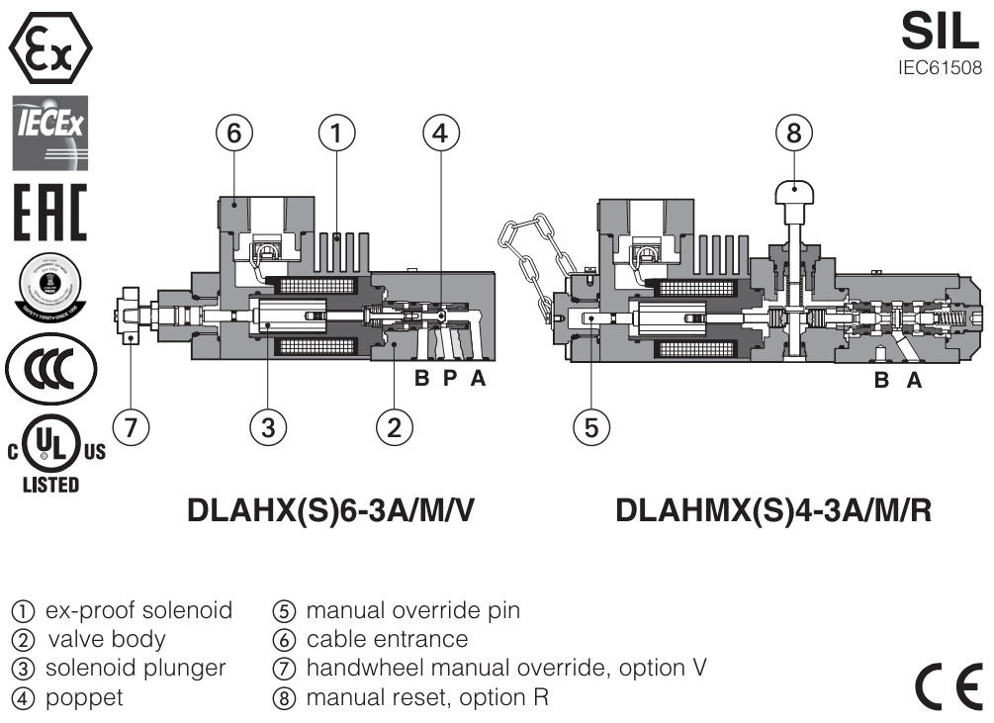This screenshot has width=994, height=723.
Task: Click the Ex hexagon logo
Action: pyautogui.click(x=49, y=45)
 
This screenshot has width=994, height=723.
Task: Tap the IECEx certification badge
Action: pyautogui.click(x=49, y=133)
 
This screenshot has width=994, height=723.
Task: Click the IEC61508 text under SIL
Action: pyautogui.click(x=940, y=69)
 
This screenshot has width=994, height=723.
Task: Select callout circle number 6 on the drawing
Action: pyautogui.click(x=234, y=134)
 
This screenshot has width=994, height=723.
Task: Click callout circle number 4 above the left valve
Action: pyautogui.click(x=441, y=134)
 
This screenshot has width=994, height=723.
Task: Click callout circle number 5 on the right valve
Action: pyautogui.click(x=591, y=427)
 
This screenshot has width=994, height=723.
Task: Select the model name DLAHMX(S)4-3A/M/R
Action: pyautogui.click(x=773, y=512)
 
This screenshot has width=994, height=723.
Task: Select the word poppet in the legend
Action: pyautogui.click(x=80, y=696)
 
